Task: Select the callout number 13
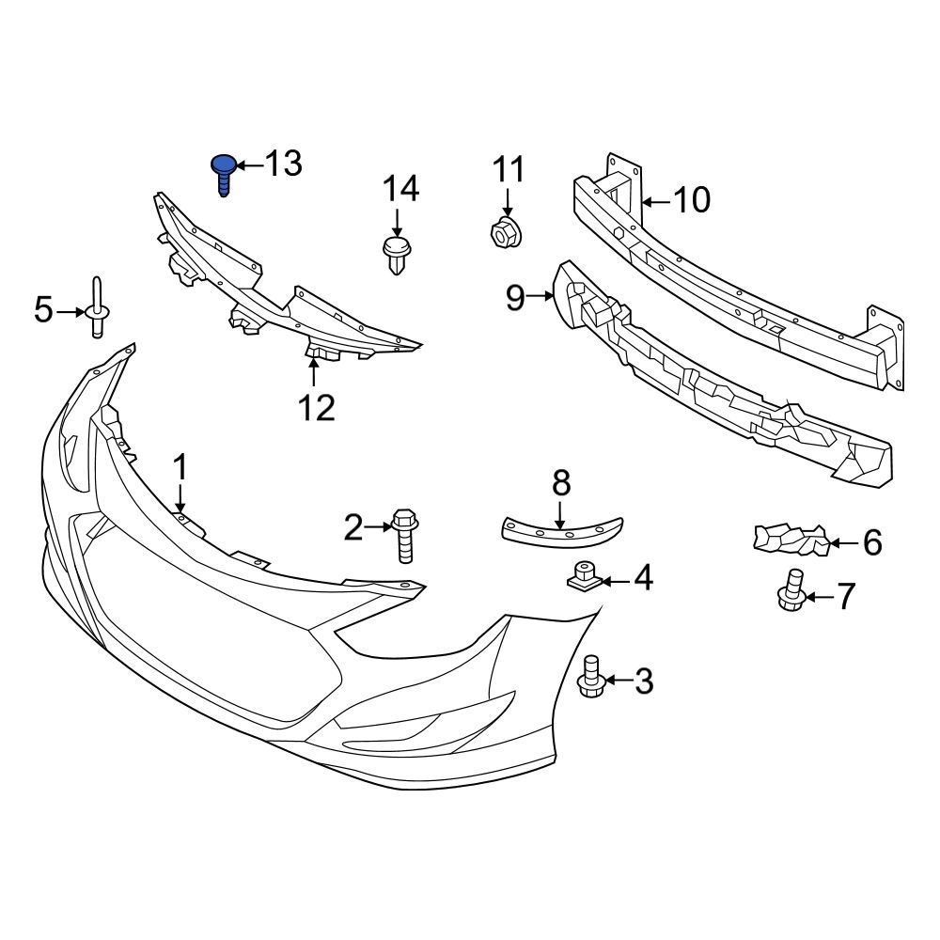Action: (x=283, y=164)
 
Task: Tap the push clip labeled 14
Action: (x=397, y=254)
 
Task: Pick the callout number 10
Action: (x=692, y=200)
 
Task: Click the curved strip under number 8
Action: (x=562, y=531)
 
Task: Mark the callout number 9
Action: (x=515, y=297)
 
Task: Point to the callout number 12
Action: (x=317, y=408)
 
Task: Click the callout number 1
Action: (x=180, y=467)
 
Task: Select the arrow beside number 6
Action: (x=844, y=542)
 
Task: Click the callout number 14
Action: (x=399, y=190)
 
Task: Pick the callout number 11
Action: (x=509, y=170)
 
